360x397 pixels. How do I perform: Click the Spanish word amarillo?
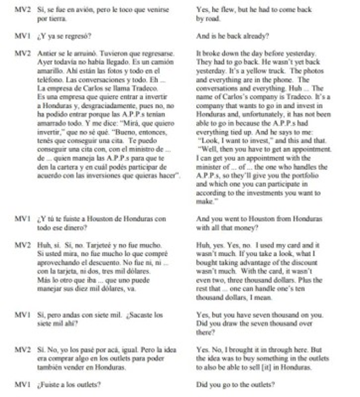click(x=49, y=71)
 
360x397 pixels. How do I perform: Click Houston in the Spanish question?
click(x=102, y=219)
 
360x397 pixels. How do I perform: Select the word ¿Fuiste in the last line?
click(x=48, y=384)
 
